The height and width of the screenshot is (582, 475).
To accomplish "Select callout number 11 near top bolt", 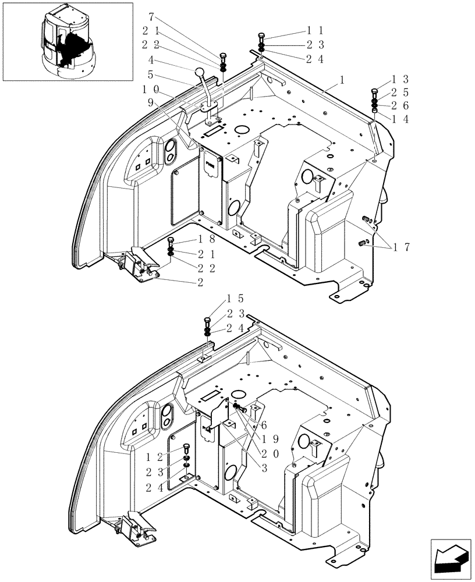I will tap(316, 30).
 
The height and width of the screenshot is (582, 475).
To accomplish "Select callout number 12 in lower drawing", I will tap(155, 458).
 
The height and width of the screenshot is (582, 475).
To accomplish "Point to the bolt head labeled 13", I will tap(374, 91).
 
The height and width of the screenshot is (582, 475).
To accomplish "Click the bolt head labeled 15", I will tap(207, 320).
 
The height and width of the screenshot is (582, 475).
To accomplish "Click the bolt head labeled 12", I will tap(186, 447).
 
